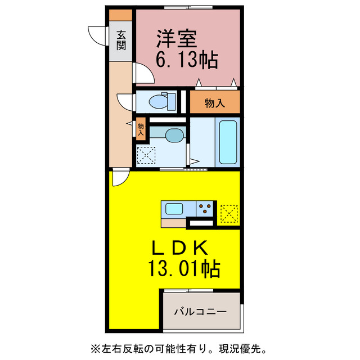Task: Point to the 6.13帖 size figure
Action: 186,60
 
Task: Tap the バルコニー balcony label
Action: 200,311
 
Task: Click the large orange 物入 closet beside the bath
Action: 214,103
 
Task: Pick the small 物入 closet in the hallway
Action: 141,130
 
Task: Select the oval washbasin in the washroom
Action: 174,135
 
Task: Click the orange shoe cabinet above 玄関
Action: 121,15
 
